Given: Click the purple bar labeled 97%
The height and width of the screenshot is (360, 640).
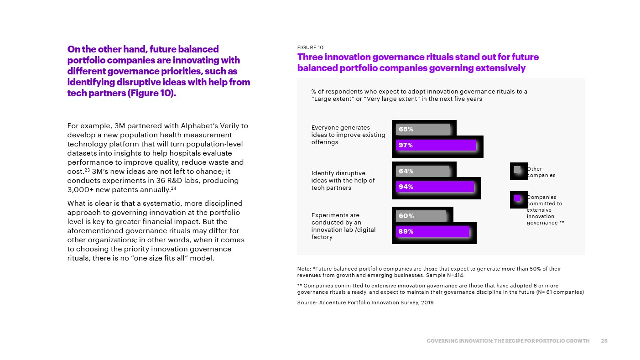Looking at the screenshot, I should [x=436, y=145].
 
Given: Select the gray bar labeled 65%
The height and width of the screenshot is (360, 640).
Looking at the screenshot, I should [x=423, y=129].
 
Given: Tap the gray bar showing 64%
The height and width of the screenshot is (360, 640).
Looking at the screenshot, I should [x=422, y=171].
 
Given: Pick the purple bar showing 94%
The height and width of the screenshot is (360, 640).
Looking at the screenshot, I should [x=435, y=187].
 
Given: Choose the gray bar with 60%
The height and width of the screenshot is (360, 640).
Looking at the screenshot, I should [x=421, y=215].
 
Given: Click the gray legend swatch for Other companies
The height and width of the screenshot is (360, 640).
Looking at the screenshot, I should [x=517, y=170].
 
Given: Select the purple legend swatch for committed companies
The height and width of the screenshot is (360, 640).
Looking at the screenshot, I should [x=517, y=198].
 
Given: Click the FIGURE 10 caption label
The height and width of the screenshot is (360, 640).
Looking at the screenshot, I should [x=310, y=47].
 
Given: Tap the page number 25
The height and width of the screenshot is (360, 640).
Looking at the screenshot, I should [x=604, y=341].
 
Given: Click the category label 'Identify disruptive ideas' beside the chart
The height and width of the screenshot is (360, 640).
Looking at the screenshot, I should [x=343, y=181].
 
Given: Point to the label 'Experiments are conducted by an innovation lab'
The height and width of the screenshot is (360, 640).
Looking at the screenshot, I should [x=343, y=226].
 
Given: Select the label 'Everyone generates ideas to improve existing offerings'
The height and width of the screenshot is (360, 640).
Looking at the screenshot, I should [x=348, y=135].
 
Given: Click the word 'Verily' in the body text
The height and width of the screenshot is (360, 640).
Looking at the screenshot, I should [x=237, y=125].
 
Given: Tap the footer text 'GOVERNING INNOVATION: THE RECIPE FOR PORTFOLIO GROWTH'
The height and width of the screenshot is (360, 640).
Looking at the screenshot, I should [x=508, y=341].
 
